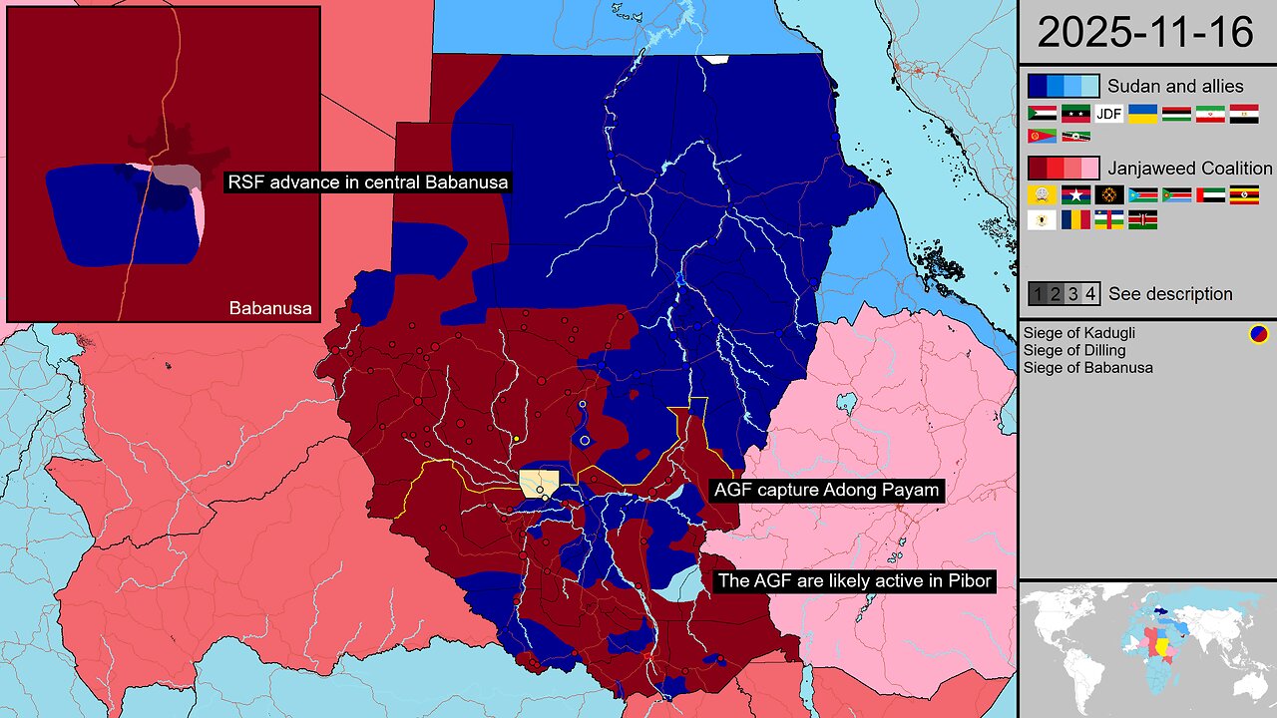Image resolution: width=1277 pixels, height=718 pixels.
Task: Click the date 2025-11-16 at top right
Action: [x=1145, y=32]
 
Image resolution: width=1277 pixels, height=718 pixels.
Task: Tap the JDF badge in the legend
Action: [x=1109, y=114]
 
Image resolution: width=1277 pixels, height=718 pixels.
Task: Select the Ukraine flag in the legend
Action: [x=1143, y=114]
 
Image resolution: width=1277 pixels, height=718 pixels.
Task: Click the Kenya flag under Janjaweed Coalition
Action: [x=1143, y=220]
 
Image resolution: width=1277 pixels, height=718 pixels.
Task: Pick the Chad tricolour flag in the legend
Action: [x=1075, y=220]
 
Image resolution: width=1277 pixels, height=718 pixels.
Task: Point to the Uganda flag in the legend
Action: [x=1244, y=195]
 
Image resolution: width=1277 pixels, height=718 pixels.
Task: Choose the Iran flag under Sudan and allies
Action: [x=1210, y=114]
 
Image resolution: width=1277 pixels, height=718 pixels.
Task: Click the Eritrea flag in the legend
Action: [x=1042, y=136]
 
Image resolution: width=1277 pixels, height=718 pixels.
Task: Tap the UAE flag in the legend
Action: [x=1210, y=195]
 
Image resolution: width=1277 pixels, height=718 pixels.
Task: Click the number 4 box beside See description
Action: [x=1090, y=294]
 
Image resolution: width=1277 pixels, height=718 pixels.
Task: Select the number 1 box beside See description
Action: [x=1038, y=294]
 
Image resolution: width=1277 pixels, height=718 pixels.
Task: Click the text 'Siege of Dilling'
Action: [x=1073, y=350]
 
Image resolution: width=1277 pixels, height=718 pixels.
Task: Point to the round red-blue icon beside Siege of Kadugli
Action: [x=1258, y=334]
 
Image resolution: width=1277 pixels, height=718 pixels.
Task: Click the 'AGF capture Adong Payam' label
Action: [x=826, y=491]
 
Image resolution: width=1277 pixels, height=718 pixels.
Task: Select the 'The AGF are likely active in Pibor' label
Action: [x=854, y=580]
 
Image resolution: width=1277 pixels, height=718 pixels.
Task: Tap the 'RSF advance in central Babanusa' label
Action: [x=368, y=182]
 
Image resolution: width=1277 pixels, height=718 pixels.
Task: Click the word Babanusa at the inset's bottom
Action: [x=270, y=308]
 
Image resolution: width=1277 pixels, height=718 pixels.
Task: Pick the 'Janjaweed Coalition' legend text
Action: [x=1190, y=169]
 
